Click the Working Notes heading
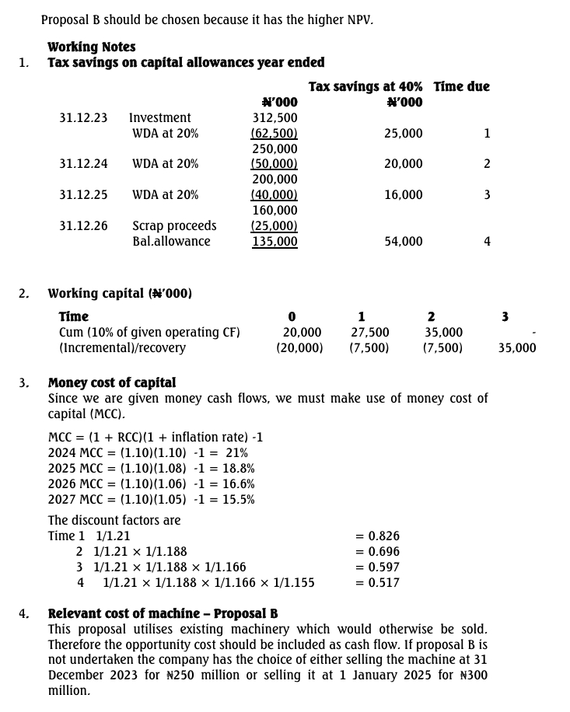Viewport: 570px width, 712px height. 91,47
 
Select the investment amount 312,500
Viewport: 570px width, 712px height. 275,117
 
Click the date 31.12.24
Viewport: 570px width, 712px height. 83,164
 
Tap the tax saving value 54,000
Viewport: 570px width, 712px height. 404,242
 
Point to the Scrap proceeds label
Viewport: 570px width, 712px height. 174,226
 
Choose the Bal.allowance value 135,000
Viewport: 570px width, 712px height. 275,242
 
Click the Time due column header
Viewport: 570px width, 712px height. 461,86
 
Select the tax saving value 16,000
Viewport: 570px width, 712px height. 404,195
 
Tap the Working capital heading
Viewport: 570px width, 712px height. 120,293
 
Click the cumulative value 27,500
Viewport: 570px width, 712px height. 370,332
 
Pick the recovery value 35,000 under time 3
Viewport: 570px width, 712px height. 517,347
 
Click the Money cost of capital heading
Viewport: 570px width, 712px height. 112,382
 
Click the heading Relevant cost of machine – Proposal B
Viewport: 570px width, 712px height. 163,613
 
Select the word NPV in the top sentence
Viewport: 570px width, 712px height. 358,19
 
